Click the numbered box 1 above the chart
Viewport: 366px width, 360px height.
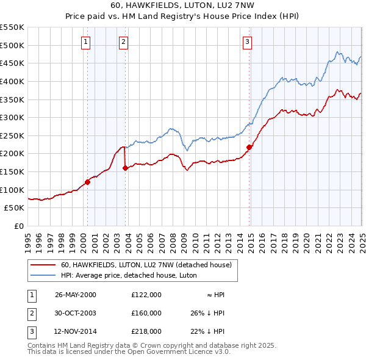(85, 42)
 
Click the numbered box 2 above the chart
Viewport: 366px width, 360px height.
(123, 42)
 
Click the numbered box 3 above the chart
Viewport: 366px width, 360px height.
(247, 42)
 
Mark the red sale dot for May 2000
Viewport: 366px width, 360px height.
(87, 181)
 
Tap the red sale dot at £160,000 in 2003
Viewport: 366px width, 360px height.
(125, 168)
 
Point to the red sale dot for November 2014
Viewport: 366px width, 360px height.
(249, 147)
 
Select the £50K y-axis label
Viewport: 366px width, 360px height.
(15, 208)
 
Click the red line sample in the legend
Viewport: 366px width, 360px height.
(44, 265)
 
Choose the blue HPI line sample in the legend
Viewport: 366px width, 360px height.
(44, 275)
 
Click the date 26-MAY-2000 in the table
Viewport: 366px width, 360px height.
(76, 295)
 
